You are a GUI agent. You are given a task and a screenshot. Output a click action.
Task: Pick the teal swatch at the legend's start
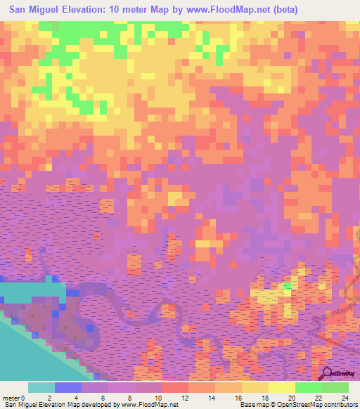41,387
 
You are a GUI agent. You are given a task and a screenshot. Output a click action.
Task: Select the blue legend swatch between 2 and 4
68,387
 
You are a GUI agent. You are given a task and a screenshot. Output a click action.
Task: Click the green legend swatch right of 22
335,387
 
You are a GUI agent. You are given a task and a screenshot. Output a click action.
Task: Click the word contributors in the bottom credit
340,405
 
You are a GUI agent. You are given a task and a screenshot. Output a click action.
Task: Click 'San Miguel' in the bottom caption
19,405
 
